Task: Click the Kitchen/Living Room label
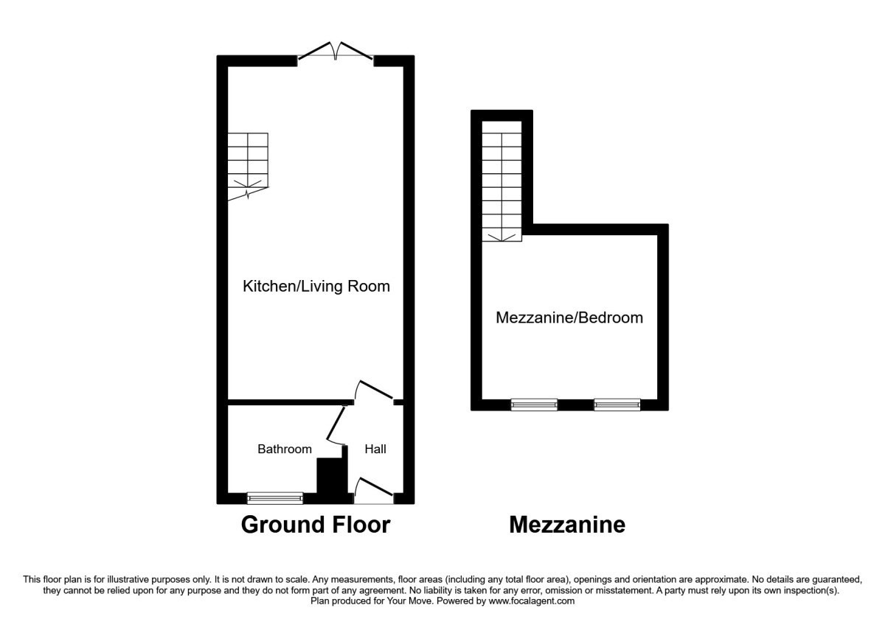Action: click(x=316, y=287)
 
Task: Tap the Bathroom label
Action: click(x=284, y=449)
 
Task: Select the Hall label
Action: click(x=375, y=449)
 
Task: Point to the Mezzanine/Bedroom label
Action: click(x=569, y=318)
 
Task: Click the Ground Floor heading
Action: click(x=316, y=525)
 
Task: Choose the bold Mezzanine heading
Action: click(x=567, y=525)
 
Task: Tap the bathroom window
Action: click(x=274, y=498)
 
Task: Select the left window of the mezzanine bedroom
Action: click(x=534, y=405)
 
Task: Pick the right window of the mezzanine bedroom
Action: click(x=617, y=405)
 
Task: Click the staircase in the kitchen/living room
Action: click(x=247, y=166)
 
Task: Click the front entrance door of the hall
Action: click(x=374, y=491)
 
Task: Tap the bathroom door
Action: click(x=336, y=425)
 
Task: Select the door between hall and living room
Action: click(x=375, y=391)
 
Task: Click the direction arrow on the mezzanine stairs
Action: click(x=502, y=236)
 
